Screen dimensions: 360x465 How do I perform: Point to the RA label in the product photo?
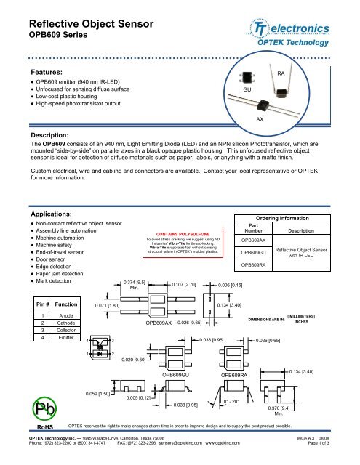click(x=282, y=74)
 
